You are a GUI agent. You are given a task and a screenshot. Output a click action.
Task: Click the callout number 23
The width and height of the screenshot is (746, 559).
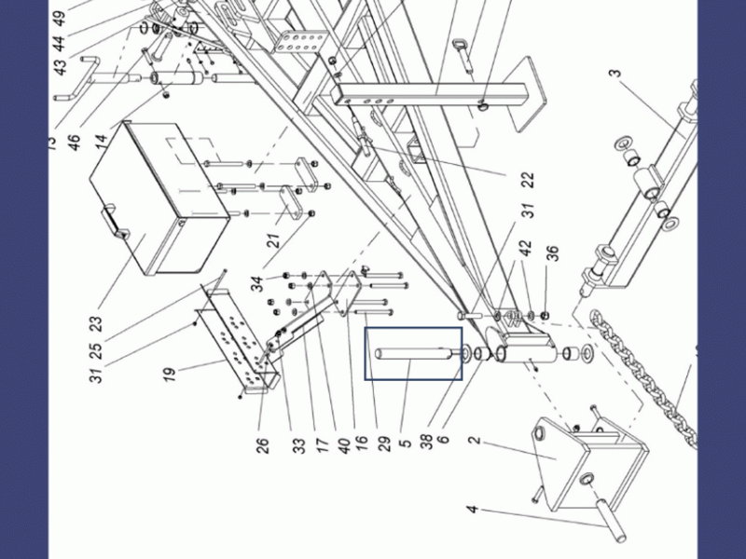[x=95, y=324]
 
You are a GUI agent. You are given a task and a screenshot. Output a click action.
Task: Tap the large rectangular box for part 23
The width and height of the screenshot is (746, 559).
[x=159, y=198]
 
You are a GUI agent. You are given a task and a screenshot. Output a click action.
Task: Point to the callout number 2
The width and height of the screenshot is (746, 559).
[x=475, y=439]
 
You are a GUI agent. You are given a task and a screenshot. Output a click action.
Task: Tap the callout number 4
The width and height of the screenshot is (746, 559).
[x=473, y=510]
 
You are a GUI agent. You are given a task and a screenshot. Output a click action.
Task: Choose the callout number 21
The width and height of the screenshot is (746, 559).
[x=274, y=240]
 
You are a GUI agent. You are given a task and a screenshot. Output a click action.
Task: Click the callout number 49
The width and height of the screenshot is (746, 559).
[x=59, y=18]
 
